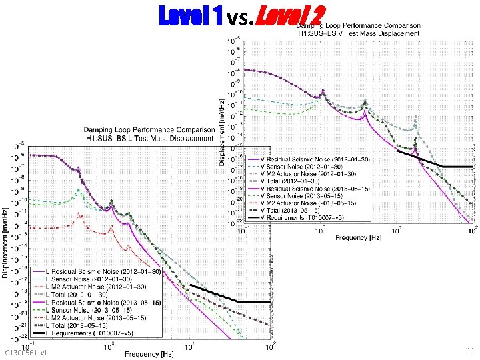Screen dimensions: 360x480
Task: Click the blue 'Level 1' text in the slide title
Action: click(190, 15)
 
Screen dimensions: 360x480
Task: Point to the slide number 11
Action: click(470, 351)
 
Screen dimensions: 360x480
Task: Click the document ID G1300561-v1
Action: click(25, 352)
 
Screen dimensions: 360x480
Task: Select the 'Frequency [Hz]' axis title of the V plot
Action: click(360, 237)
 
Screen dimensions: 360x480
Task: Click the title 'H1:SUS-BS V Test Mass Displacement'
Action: click(358, 33)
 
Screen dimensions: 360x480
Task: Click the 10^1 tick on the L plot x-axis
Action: click(189, 348)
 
